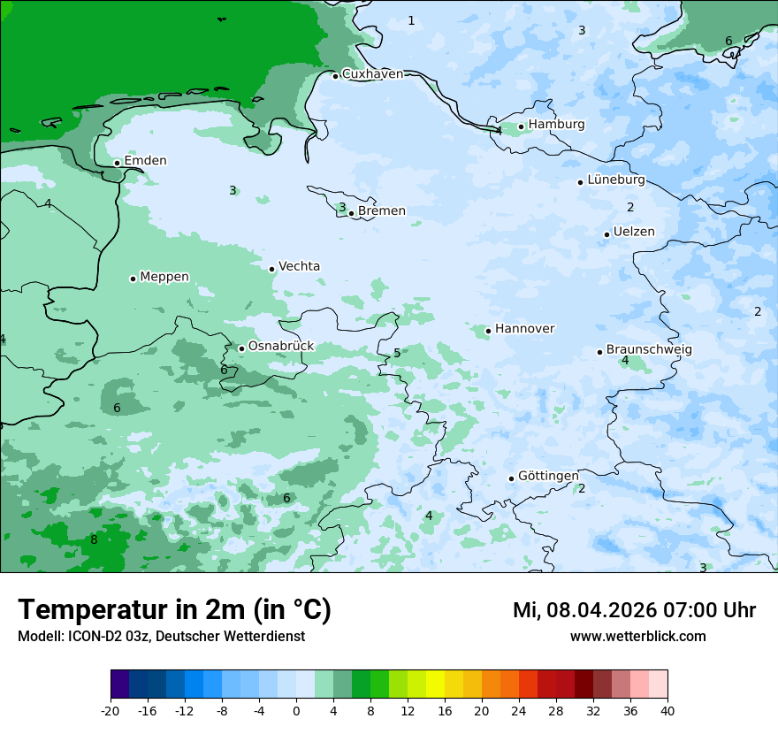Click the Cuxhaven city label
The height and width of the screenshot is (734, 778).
(x=372, y=74)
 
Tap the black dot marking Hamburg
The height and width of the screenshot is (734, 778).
(x=522, y=126)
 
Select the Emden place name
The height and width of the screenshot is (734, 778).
(x=145, y=161)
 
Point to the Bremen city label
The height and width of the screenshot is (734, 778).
(x=382, y=211)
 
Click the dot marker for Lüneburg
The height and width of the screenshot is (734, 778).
(x=581, y=182)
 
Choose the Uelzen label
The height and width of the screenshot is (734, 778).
(x=634, y=233)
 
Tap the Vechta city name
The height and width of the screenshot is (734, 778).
(x=299, y=267)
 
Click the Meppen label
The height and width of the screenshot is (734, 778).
(x=164, y=278)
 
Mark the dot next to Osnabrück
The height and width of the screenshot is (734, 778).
(x=241, y=348)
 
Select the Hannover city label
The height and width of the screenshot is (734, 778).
(x=524, y=329)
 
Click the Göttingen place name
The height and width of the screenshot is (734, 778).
(x=548, y=477)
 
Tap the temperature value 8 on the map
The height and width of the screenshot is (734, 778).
(x=94, y=540)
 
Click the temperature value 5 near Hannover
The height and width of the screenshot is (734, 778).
(x=397, y=354)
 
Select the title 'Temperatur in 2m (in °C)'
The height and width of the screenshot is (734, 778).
(x=174, y=610)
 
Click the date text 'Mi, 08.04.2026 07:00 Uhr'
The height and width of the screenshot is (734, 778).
(x=634, y=610)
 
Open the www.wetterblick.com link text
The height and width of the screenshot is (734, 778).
(x=637, y=637)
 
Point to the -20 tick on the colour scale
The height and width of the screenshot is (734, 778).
(x=111, y=711)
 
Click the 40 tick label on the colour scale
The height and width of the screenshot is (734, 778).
(x=667, y=711)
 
